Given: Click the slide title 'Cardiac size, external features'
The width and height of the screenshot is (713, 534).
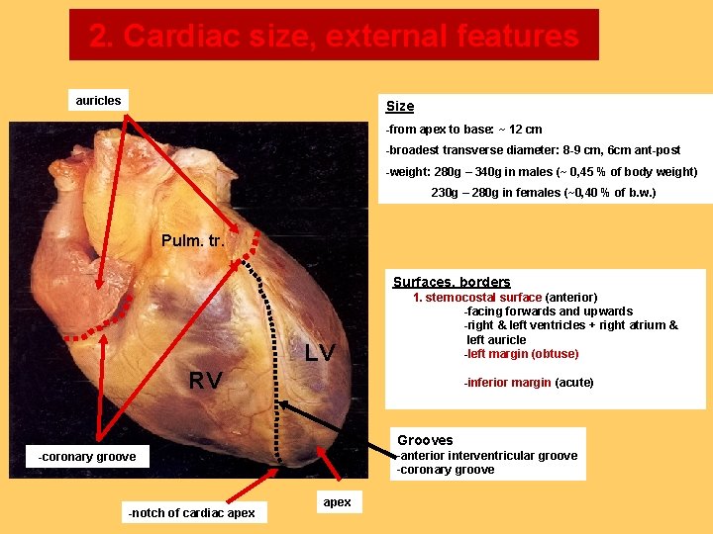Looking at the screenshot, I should click(334, 36).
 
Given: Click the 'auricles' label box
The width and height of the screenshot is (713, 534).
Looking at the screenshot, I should click(98, 100).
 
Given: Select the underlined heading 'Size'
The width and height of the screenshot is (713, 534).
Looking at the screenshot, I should click(400, 106).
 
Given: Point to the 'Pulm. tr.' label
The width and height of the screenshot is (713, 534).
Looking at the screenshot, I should click(193, 240).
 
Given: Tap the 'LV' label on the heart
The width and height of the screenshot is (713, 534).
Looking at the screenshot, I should click(319, 353).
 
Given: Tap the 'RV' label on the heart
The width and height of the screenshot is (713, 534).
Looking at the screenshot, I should click(205, 381).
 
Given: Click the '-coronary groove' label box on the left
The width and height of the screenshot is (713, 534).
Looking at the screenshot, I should click(87, 456).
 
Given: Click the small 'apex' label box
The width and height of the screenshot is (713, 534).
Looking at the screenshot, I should click(337, 502).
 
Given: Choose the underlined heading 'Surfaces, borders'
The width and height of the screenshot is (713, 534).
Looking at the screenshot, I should click(452, 282).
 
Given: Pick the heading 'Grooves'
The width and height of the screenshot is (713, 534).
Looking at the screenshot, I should click(425, 440).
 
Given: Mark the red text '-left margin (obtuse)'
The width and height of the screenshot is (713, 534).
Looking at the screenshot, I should click(521, 354).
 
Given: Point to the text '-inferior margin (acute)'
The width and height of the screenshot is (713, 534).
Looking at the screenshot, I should click(529, 383).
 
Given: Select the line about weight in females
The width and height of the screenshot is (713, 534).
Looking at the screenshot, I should click(543, 193).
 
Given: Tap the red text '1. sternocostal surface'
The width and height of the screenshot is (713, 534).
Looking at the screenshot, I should click(477, 297).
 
